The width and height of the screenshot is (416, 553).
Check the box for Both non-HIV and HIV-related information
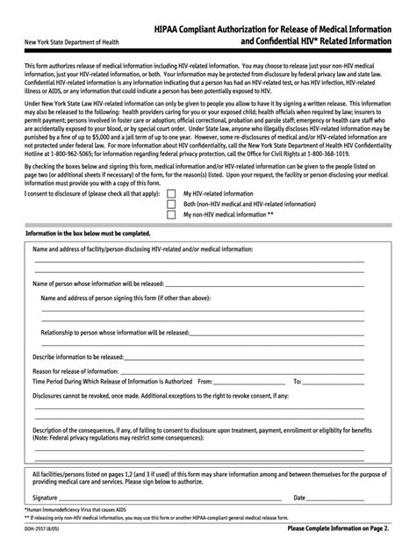(x=171, y=204)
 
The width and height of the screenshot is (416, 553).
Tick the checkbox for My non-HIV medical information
(x=171, y=214)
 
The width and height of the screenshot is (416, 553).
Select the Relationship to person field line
(x=290, y=334)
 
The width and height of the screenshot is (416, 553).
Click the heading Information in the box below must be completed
(x=89, y=234)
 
